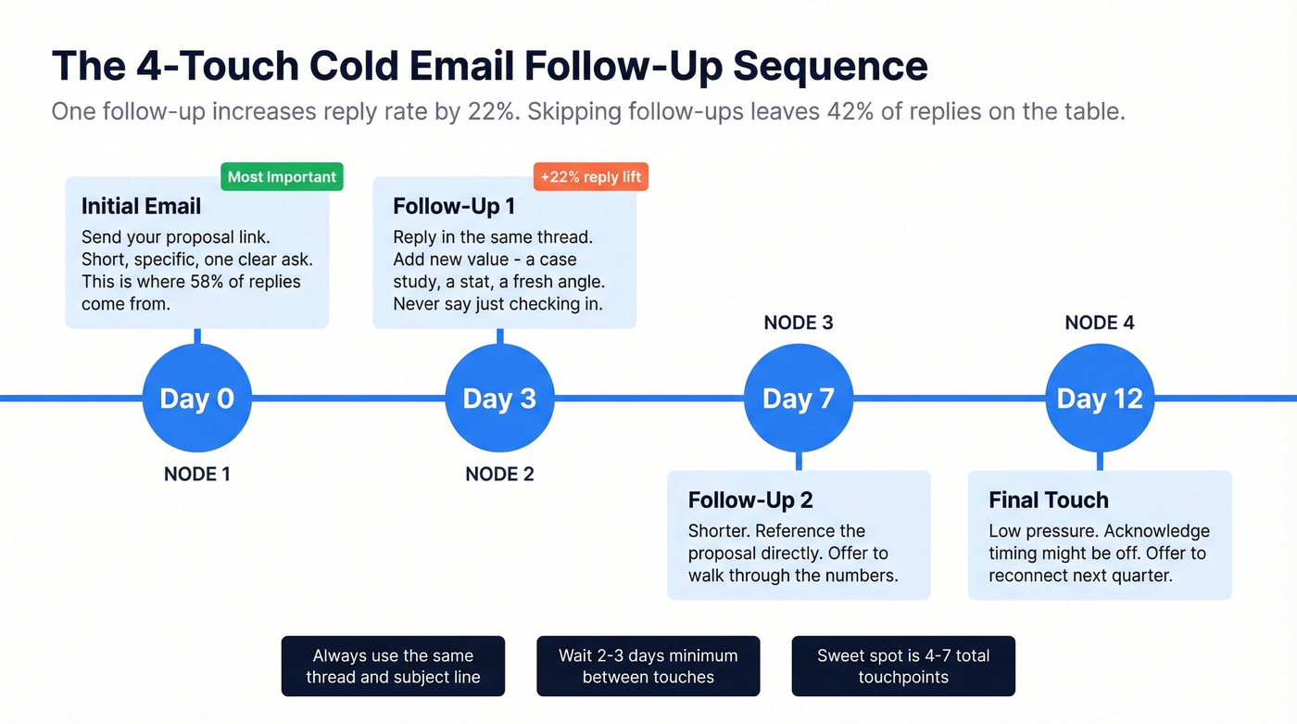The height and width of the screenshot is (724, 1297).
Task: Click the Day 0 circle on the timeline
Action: point(196,399)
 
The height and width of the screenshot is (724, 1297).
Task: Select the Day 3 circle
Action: point(499,399)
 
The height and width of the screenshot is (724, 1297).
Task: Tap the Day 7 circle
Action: point(799,399)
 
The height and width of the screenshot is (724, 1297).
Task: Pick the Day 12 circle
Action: point(1100,399)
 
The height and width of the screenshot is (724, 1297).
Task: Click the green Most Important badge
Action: point(282,177)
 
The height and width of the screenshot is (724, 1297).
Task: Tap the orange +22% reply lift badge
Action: point(590,177)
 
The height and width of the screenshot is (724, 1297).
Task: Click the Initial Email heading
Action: point(141,206)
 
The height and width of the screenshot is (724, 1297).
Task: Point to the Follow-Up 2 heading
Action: point(750,501)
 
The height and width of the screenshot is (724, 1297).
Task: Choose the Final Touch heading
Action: point(1048,501)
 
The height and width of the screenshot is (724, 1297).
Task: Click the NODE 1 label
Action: point(196,475)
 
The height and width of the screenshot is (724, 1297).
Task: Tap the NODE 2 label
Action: point(499,475)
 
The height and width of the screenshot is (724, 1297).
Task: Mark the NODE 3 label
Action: point(799,323)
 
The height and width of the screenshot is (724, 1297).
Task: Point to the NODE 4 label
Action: point(1100,323)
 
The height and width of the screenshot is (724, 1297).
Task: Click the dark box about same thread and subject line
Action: point(393,666)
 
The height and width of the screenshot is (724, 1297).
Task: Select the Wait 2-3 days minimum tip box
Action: point(648,666)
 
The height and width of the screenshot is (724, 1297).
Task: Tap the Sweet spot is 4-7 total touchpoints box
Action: point(903,666)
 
